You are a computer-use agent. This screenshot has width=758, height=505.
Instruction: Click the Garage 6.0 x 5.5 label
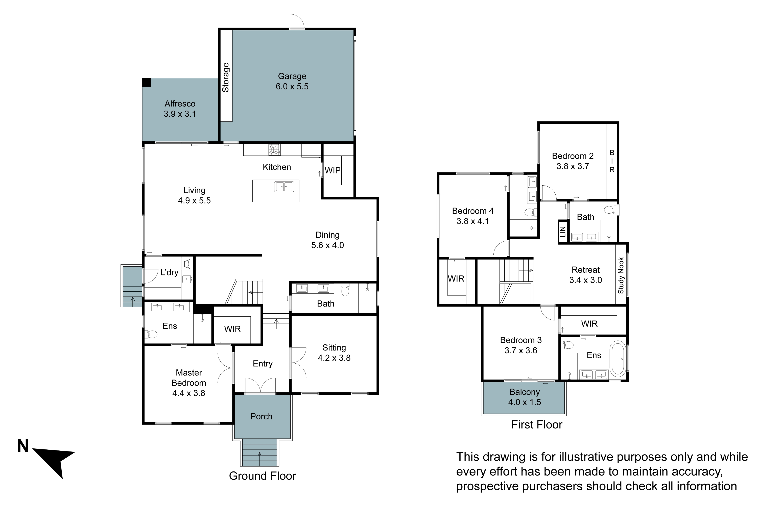[292, 81]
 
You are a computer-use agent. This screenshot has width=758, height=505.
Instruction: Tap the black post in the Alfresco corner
[147, 83]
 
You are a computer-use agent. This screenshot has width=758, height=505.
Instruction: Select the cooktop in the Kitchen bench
[274, 149]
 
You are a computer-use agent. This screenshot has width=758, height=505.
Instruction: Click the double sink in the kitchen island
[284, 187]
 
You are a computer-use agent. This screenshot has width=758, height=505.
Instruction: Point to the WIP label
[332, 170]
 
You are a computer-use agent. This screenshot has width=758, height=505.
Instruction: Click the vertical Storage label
[226, 77]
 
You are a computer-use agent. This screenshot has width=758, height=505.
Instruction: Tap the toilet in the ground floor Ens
[151, 334]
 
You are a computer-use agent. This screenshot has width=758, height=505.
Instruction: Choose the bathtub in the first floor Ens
[618, 359]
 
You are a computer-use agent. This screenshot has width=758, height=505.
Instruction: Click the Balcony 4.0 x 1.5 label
[524, 397]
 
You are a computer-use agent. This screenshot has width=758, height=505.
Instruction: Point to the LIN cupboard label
[563, 232]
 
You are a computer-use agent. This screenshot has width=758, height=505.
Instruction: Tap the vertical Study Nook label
[621, 275]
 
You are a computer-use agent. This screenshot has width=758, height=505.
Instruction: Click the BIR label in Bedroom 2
[612, 161]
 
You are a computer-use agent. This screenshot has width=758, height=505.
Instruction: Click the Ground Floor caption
[262, 476]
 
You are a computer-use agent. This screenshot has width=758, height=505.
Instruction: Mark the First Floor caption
[537, 424]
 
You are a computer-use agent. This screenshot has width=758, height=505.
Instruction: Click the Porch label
[261, 416]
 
